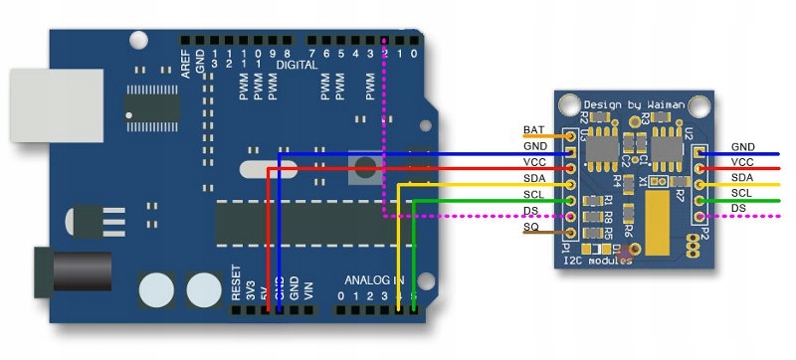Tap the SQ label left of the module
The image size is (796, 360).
pos(531,228)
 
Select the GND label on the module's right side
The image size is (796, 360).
pos(743,147)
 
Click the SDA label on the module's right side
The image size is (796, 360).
pos(743,177)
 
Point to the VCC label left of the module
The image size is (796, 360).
pos(534,161)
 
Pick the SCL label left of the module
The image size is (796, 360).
pos(534,194)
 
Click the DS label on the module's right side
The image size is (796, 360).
pos(739,207)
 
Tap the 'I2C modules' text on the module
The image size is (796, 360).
pos(597,261)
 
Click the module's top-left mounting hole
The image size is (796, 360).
pos(568,102)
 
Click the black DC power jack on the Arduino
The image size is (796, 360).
pos(55,272)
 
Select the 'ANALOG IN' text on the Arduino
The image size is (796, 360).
pos(375,279)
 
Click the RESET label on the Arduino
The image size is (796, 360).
pos(236,283)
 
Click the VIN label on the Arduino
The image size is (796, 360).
pos(308,291)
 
